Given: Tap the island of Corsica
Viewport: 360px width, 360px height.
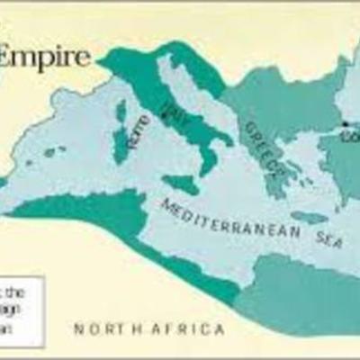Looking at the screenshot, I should [121, 112].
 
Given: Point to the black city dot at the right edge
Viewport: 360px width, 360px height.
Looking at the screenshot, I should [344, 124].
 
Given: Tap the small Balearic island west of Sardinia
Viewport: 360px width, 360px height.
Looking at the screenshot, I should [54, 152].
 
